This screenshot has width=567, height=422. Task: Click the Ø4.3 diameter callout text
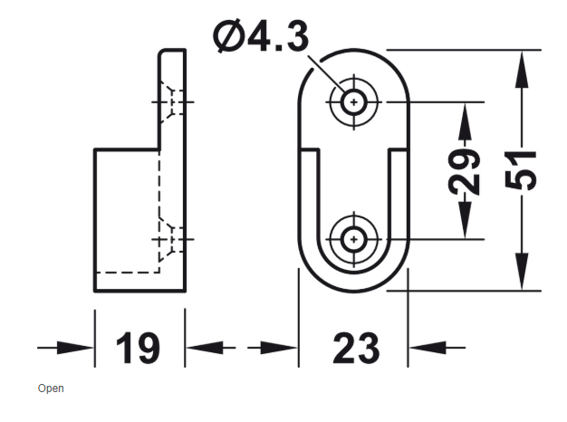pyautogui.click(x=261, y=35)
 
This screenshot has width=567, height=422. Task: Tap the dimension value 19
pyautogui.click(x=138, y=349)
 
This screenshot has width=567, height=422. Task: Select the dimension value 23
pyautogui.click(x=356, y=349)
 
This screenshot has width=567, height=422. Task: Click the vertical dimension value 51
pyautogui.click(x=521, y=170)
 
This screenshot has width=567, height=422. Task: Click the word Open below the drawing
pyautogui.click(x=51, y=388)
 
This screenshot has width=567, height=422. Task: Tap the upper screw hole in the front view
pyautogui.click(x=354, y=102)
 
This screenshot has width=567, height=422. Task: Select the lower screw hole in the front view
pyautogui.click(x=354, y=239)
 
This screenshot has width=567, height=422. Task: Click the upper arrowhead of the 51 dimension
pyautogui.click(x=522, y=69)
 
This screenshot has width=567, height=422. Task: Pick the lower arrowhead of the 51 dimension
pyautogui.click(x=522, y=271)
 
